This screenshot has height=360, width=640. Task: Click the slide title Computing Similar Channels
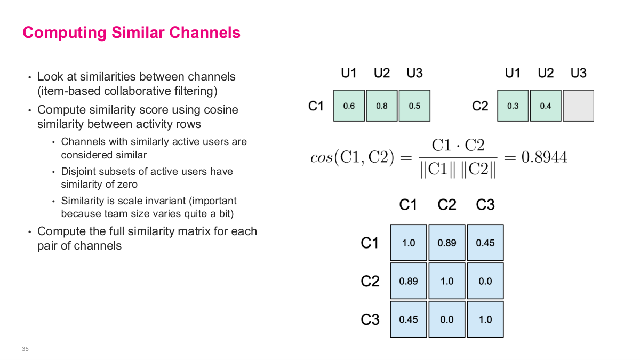[x=131, y=33]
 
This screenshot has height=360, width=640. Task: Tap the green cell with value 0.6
[x=349, y=106]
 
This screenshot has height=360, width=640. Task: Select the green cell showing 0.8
[x=382, y=106]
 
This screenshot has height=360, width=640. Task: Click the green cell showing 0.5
[x=414, y=106]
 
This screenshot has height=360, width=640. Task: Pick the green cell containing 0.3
[x=513, y=106]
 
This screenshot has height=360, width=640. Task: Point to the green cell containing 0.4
[x=546, y=106]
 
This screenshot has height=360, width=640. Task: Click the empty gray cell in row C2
[x=578, y=106]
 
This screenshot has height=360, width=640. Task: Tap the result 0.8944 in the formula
[x=543, y=157]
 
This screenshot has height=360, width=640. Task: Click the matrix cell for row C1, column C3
[x=485, y=243]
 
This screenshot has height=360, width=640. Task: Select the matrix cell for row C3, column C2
[x=447, y=319]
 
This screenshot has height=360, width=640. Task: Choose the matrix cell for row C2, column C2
[x=447, y=281]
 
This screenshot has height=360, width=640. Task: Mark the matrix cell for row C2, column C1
[x=409, y=281]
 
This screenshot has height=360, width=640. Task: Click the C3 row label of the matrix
[x=370, y=319]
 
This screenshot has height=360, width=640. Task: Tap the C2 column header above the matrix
[x=447, y=205]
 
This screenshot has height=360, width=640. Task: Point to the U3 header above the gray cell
[x=578, y=73]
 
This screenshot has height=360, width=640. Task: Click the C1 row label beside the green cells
[x=316, y=106]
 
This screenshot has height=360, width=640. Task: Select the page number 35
[x=25, y=349]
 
